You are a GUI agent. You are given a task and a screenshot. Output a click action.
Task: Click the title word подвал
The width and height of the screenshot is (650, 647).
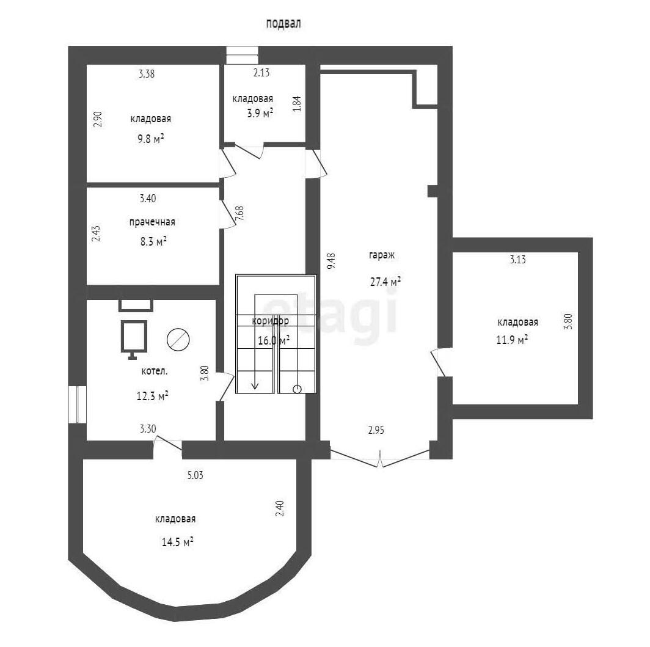pyautogui.click(x=283, y=24)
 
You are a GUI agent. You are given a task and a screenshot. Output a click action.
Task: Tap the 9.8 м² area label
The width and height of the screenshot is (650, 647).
pyautogui.click(x=151, y=139)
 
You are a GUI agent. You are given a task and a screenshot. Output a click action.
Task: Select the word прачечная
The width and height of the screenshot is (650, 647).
pyautogui.click(x=152, y=222)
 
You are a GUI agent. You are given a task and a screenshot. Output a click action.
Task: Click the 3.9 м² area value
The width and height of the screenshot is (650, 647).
pyautogui.click(x=260, y=113)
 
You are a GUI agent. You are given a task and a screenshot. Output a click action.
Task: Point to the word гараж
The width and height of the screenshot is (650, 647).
pyautogui.click(x=382, y=255)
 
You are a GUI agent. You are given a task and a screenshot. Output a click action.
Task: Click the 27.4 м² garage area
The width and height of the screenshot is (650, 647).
pyautogui.click(x=385, y=282)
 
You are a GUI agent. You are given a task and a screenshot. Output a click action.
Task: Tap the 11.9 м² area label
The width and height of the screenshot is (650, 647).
pyautogui.click(x=512, y=340)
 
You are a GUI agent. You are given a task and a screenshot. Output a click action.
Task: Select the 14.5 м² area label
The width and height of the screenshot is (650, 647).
pyautogui.click(x=177, y=542)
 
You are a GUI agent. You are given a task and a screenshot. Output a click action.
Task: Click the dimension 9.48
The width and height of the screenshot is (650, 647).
pyautogui.click(x=331, y=261)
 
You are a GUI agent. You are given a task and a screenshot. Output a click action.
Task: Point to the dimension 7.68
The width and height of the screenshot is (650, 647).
pyautogui.click(x=239, y=213)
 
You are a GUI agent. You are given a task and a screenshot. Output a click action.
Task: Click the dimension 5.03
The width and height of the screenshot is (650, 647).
pyautogui.click(x=195, y=475)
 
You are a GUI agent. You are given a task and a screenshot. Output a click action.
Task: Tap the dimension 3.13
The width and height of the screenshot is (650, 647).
pyautogui.click(x=518, y=260)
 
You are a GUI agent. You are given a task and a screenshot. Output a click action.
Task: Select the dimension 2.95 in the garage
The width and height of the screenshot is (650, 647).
pyautogui.click(x=376, y=430)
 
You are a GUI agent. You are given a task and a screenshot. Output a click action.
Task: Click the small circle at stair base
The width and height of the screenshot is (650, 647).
pyautogui.click(x=297, y=389)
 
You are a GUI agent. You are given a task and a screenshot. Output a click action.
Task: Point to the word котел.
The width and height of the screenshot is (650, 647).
pyautogui.click(x=155, y=371)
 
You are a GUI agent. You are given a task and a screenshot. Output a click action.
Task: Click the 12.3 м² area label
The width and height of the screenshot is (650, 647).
pyautogui.click(x=153, y=396)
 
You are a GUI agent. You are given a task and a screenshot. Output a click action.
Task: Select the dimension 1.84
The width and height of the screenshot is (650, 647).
pyautogui.click(x=297, y=104)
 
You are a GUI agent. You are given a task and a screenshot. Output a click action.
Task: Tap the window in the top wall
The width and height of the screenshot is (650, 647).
pyautogui.click(x=242, y=55)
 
